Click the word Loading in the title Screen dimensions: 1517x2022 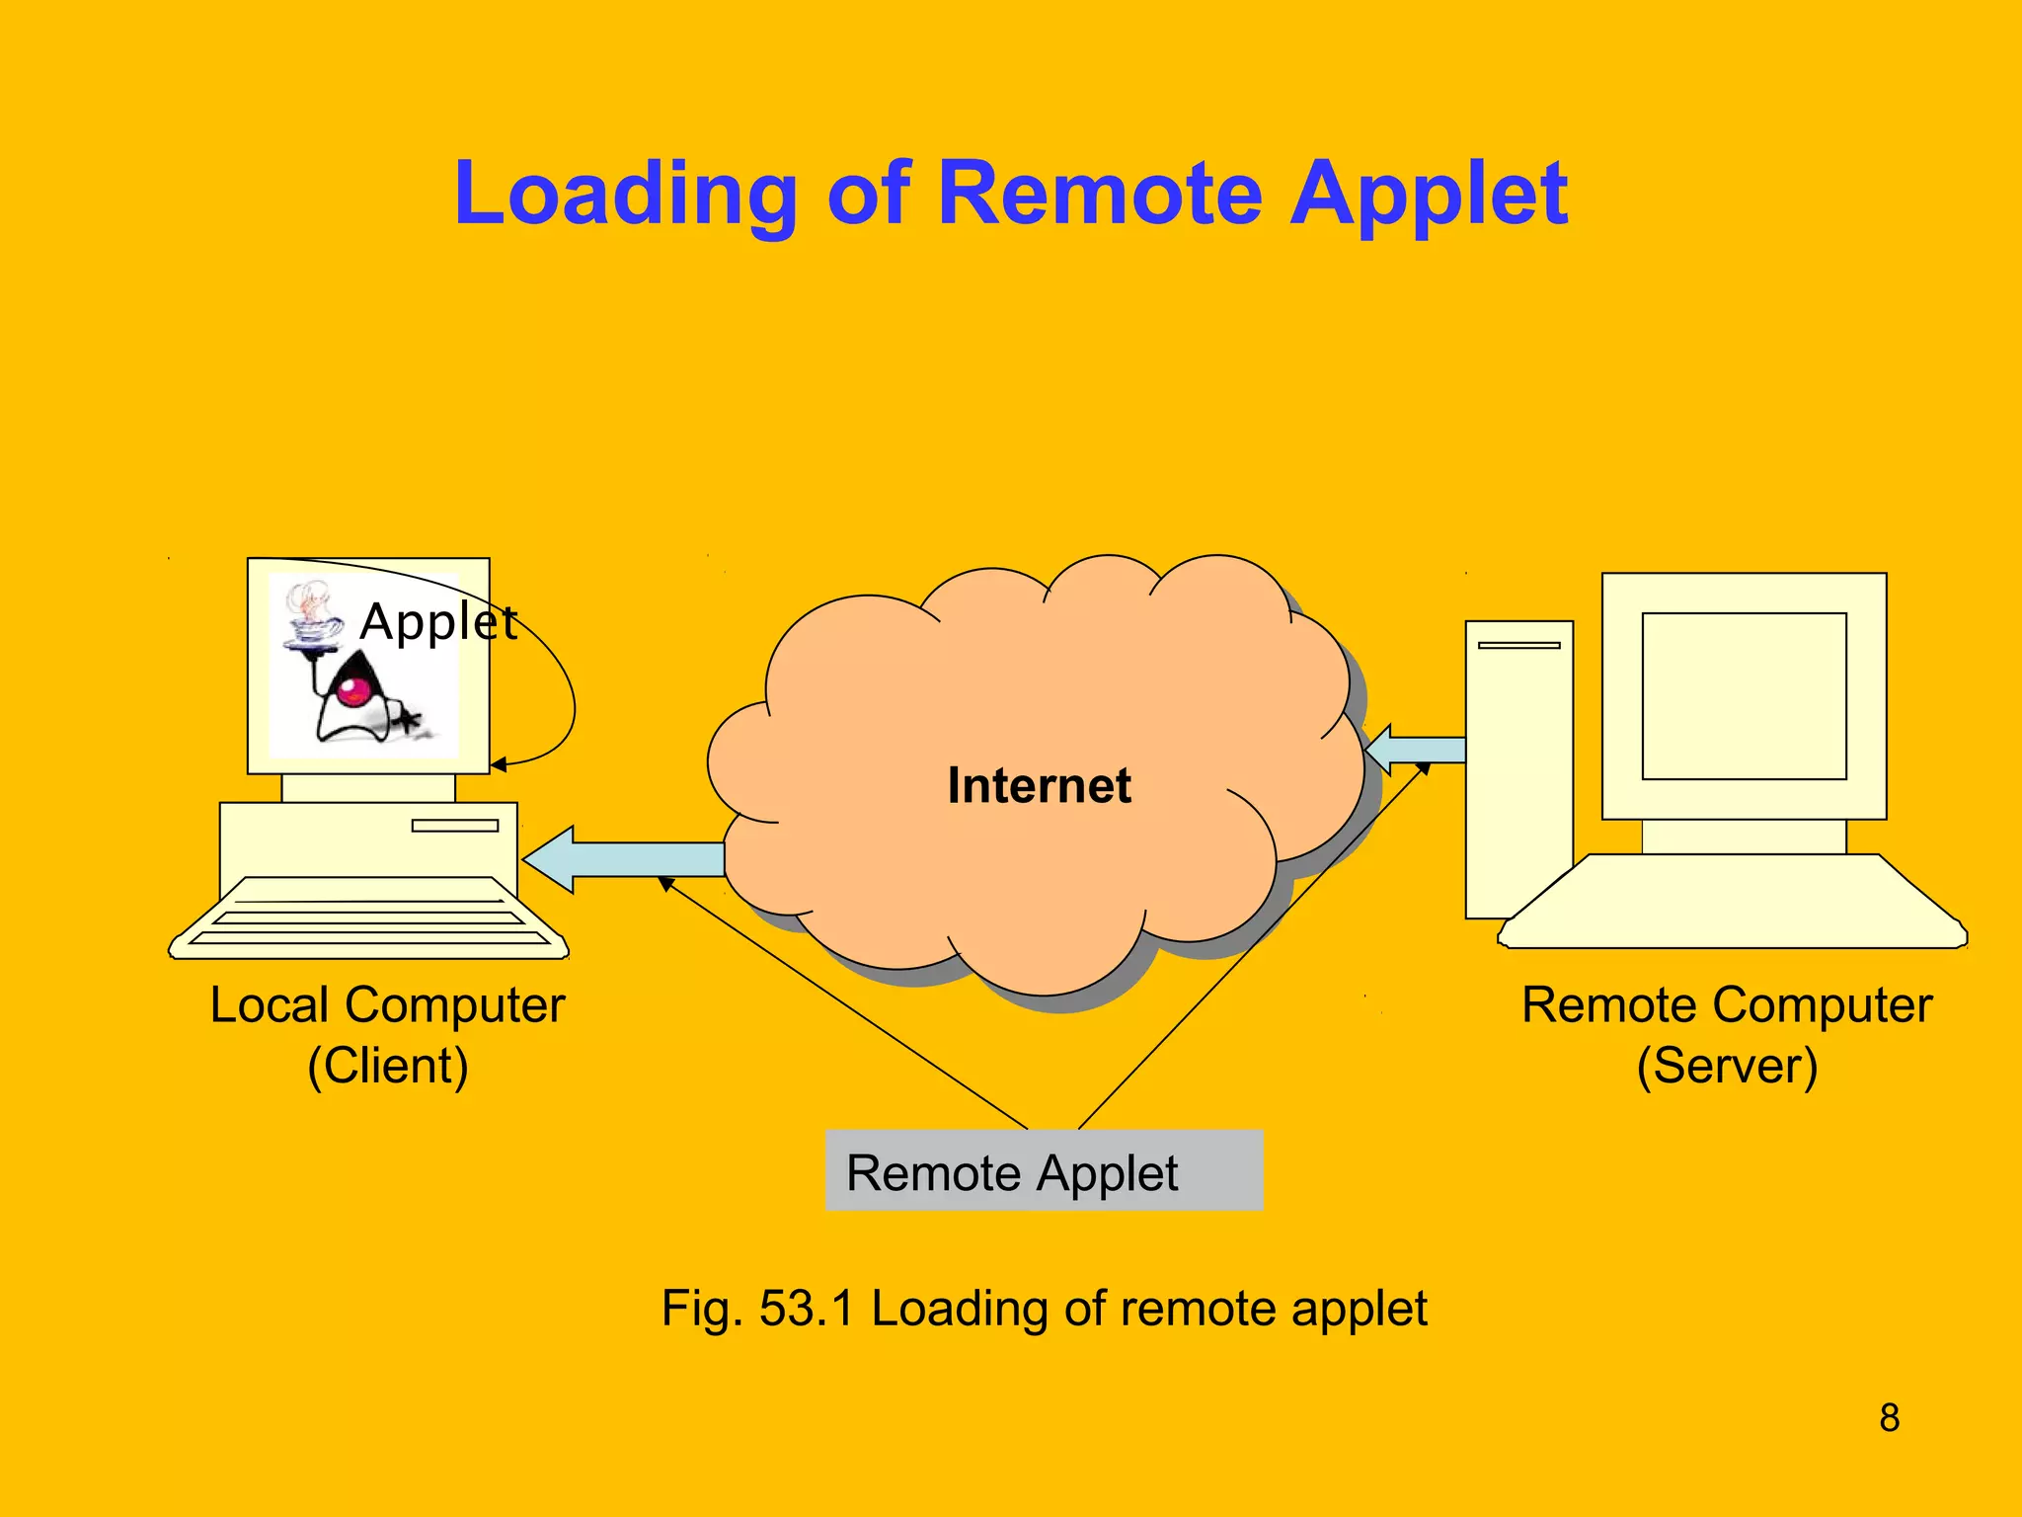tap(625, 195)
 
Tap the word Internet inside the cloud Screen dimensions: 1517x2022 tap(1039, 786)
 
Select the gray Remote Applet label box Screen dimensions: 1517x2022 tap(1044, 1170)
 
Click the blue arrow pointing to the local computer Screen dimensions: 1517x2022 tap(622, 858)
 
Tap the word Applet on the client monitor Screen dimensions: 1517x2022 tap(438, 622)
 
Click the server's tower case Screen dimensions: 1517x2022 tap(1517, 770)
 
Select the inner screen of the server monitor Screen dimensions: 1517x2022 tap(1744, 696)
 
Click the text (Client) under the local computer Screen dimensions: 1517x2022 tap(388, 1067)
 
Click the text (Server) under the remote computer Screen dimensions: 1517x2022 tap(1727, 1067)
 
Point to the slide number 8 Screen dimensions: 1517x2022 tap(1889, 1418)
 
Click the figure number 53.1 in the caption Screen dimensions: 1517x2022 tap(805, 1309)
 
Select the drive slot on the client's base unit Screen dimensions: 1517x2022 tap(454, 826)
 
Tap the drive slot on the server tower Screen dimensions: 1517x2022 tap(1518, 645)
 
